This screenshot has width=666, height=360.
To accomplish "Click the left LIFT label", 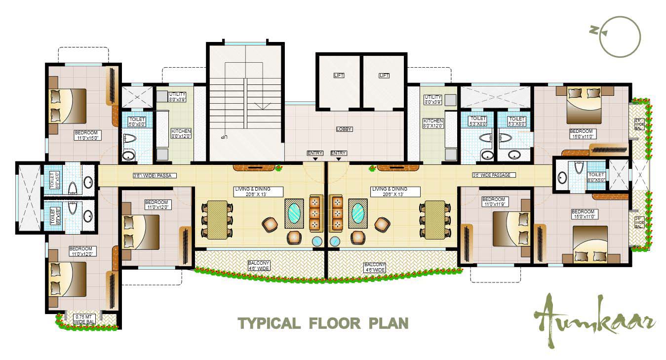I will pyautogui.click(x=339, y=76).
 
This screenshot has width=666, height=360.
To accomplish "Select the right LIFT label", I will pyautogui.click(x=384, y=76).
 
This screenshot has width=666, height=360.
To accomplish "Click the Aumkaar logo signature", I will pyautogui.click(x=595, y=318).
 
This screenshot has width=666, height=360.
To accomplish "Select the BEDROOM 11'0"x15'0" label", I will pyautogui.click(x=87, y=135).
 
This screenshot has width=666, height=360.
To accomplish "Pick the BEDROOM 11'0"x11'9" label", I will pyautogui.click(x=495, y=202).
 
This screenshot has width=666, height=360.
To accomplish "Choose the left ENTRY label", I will pyautogui.click(x=314, y=153).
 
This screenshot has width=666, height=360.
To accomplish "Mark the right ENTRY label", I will pyautogui.click(x=338, y=153).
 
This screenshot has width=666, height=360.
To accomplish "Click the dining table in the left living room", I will pyautogui.click(x=217, y=219).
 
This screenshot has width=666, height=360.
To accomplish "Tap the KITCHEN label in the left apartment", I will pyautogui.click(x=181, y=133).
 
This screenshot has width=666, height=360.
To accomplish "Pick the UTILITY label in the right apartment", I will pyautogui.click(x=433, y=100).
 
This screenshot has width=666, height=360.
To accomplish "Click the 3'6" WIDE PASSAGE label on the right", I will pyautogui.click(x=494, y=175).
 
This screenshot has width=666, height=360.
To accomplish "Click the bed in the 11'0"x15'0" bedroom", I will pyautogui.click(x=69, y=106).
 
